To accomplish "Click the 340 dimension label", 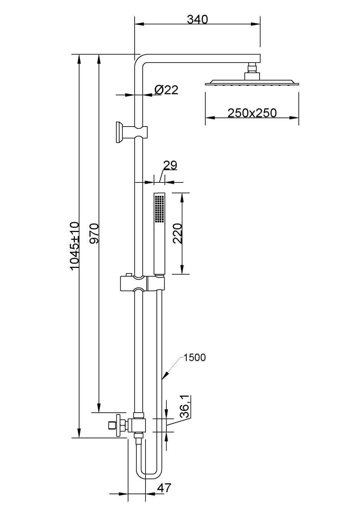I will (x=197, y=19).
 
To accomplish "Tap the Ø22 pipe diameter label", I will (x=166, y=90).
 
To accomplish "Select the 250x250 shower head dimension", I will (x=252, y=113).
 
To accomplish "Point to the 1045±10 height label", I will (x=75, y=246).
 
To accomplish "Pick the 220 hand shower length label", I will (x=178, y=233).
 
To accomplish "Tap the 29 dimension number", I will (x=170, y=165).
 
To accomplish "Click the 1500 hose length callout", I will (x=194, y=357).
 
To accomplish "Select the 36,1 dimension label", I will (x=185, y=407).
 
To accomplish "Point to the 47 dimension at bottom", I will (x=164, y=488).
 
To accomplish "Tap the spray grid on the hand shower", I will (x=159, y=209).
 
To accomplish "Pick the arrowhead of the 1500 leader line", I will (x=163, y=378).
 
